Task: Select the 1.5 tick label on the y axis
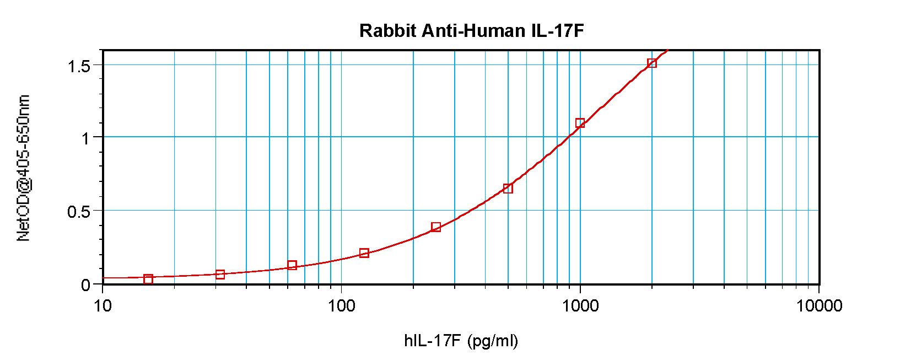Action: tap(79, 67)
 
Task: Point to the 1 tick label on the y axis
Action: tap(85, 138)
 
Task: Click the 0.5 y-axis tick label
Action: tap(79, 212)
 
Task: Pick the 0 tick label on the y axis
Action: tap(85, 285)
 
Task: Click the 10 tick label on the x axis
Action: tap(103, 306)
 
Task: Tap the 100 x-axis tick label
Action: tap(342, 306)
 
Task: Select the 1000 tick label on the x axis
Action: tap(580, 306)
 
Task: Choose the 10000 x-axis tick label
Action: tap(819, 306)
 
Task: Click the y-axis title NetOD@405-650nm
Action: tap(23, 168)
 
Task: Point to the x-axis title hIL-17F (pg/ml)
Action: tap(461, 341)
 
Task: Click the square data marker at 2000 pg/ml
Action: tap(652, 63)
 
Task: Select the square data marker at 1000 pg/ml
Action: tap(580, 123)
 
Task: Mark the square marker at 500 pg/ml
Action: tap(508, 189)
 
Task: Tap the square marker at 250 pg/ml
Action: tap(436, 227)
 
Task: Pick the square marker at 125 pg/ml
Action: tap(364, 253)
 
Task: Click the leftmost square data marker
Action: tap(148, 280)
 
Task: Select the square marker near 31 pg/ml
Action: tap(220, 274)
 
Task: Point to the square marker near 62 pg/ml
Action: tap(292, 265)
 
